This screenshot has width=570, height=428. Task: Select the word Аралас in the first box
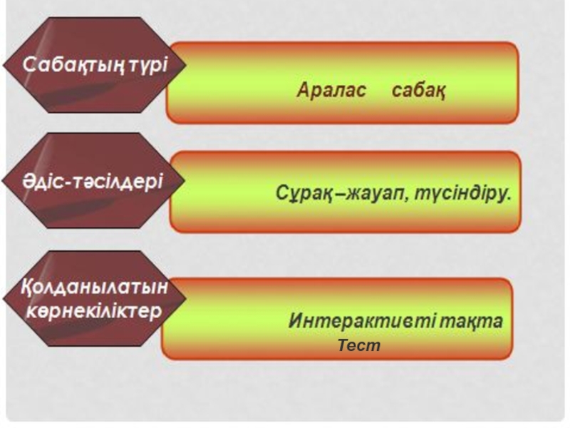tap(331, 91)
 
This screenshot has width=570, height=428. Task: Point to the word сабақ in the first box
tap(419, 91)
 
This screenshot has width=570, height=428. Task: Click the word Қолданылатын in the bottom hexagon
tap(95, 287)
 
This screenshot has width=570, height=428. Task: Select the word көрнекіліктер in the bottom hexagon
tap(95, 312)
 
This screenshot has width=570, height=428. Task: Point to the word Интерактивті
tap(346, 321)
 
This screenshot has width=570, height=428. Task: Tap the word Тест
tap(359, 346)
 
